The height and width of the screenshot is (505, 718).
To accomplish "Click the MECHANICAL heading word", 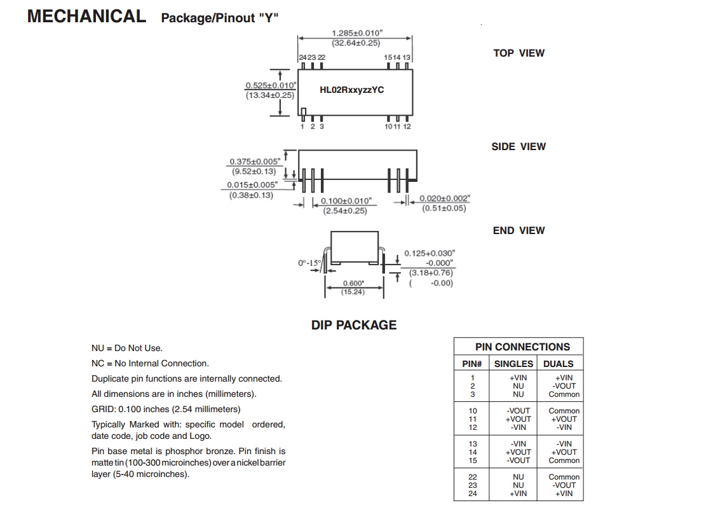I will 86,17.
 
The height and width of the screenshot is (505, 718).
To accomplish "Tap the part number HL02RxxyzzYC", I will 351,90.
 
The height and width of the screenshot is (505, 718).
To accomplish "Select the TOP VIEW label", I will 518,53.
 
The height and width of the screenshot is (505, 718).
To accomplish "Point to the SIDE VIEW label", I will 518,146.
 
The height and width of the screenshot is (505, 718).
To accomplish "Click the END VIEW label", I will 518,230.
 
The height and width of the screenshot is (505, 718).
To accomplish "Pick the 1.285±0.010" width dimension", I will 356,33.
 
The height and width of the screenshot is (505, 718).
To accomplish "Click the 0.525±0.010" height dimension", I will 271,85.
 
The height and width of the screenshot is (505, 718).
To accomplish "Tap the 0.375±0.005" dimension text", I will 255,162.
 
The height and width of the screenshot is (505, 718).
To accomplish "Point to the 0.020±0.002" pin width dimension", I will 444,198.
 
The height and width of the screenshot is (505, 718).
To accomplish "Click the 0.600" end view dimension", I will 353,283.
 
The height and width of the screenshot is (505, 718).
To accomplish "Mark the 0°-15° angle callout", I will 310,263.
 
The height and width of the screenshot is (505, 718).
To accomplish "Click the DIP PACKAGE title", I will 353,325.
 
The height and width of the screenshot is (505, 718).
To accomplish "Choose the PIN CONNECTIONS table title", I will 522,347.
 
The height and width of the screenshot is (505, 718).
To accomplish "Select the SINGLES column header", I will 513,364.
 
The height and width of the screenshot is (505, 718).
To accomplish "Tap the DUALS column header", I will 558,364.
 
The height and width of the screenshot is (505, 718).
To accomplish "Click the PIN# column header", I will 471,364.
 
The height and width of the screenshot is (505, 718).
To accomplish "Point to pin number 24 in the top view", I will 302,57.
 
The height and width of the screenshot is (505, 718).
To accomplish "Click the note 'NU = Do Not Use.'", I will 127,348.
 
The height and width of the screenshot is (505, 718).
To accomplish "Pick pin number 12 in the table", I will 472,427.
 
